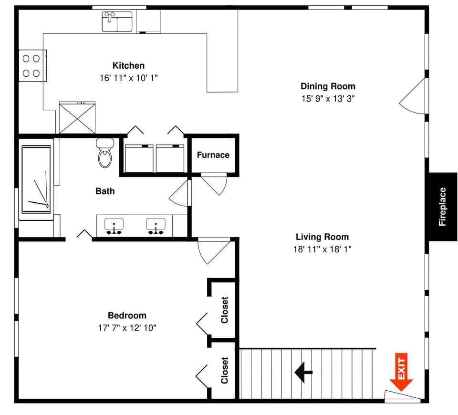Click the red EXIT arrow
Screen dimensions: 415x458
point(401,372)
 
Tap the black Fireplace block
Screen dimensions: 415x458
point(443,206)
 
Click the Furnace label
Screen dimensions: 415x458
point(213,155)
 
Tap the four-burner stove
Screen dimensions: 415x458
point(31,66)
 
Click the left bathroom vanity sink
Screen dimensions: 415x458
point(114,226)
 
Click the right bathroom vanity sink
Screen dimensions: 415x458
point(156,226)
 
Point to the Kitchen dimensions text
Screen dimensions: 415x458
point(128,78)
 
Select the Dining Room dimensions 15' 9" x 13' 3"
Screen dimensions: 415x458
point(328,99)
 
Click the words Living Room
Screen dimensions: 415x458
point(322,237)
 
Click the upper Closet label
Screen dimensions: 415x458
point(224,310)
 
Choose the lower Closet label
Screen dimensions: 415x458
point(224,371)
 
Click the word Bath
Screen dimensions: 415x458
point(105,191)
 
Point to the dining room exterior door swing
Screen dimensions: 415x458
point(413,98)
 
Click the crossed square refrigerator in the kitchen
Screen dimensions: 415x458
point(77,118)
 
